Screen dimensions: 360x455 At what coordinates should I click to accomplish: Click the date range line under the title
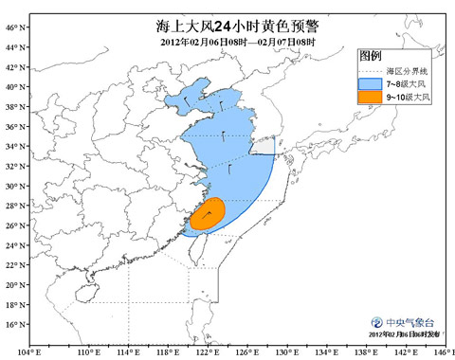(238, 43)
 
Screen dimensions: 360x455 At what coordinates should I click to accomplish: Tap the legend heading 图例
(371, 57)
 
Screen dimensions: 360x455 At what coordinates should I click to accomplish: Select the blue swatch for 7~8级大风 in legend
(370, 83)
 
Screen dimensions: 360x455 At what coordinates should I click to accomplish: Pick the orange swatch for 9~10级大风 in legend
(370, 97)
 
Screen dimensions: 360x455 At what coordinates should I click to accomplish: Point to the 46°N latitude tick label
(13, 27)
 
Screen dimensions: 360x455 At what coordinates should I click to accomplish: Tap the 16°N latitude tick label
(13, 325)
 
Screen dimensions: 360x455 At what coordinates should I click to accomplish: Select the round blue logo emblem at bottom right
(376, 322)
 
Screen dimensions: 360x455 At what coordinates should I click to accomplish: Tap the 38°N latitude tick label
(13, 107)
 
